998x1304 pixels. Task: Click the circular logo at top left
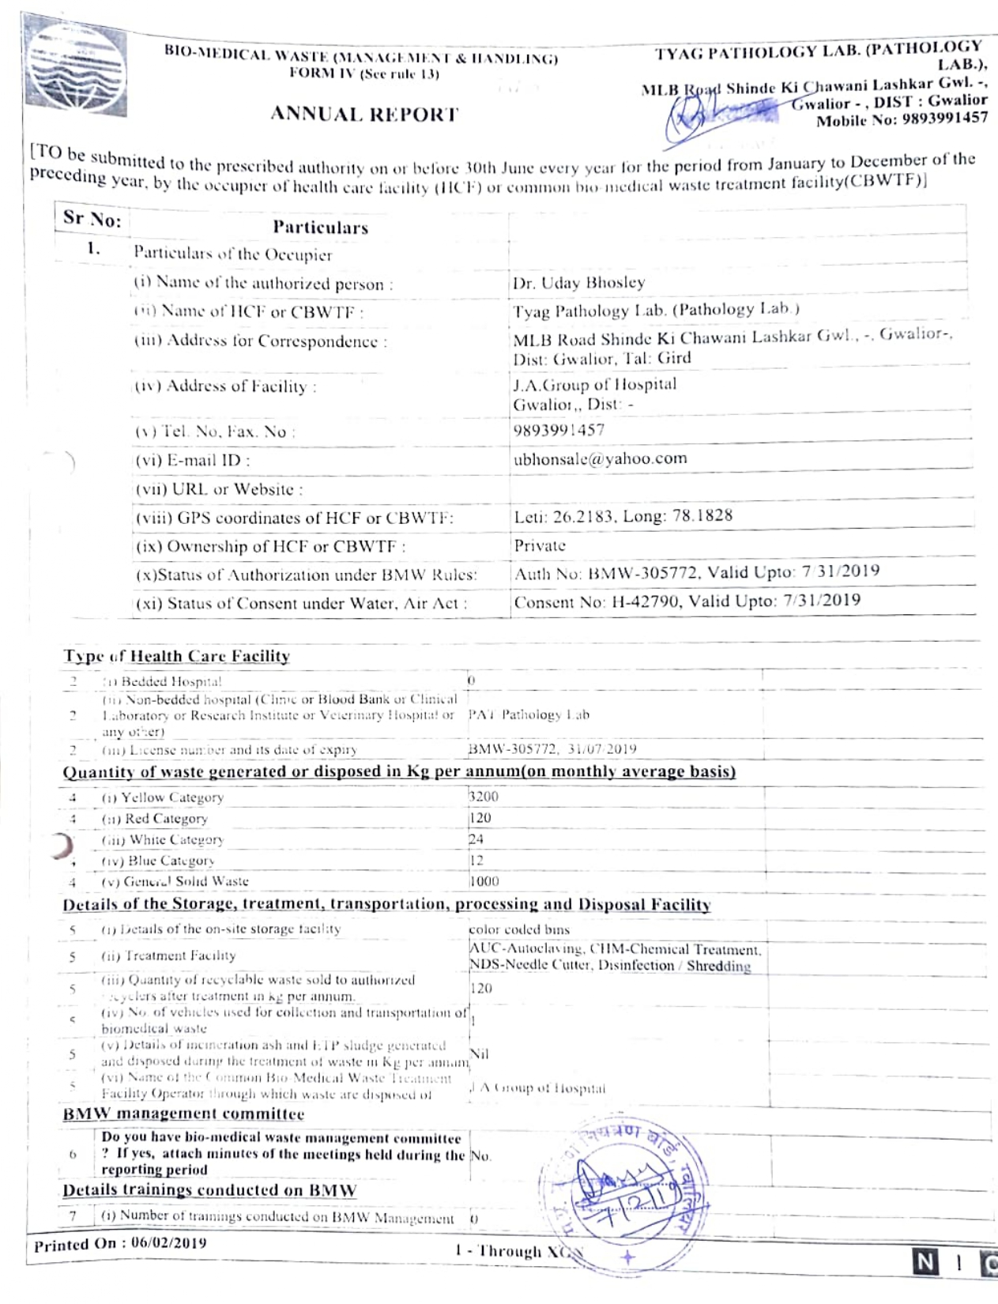point(76,67)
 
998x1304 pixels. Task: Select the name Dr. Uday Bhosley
point(578,282)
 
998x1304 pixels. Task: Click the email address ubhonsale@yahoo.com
point(600,458)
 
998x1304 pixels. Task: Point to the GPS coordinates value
point(623,516)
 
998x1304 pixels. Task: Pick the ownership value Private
point(540,545)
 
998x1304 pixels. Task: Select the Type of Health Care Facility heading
point(176,656)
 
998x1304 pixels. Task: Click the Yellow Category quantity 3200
point(484,797)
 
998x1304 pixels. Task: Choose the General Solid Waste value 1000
point(484,881)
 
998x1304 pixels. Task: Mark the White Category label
point(163,839)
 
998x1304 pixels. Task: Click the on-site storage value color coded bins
point(518,929)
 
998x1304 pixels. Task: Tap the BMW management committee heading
point(183,1114)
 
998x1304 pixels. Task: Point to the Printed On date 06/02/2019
point(168,1242)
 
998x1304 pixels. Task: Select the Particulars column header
point(320,228)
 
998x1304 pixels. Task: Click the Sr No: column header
point(92,218)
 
